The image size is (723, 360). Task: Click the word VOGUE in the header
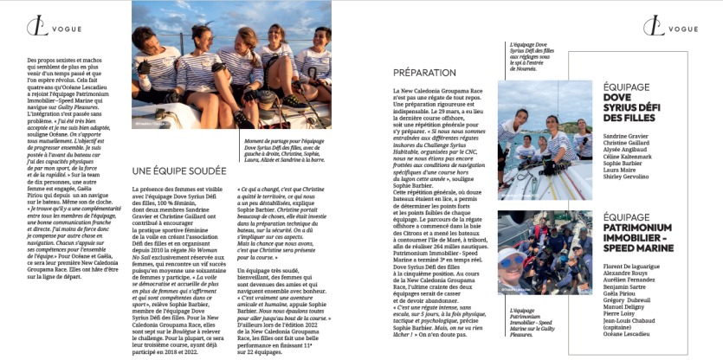[65, 29]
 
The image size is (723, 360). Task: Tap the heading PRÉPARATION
[424, 74]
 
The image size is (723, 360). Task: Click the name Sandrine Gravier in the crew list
[626, 136]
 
